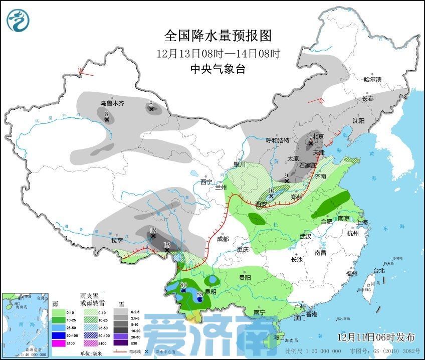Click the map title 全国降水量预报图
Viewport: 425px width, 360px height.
pos(218,36)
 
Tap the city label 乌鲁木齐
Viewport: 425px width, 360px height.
pos(112,103)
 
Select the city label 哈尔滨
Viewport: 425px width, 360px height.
pos(372,79)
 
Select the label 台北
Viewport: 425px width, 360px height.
pos(379,271)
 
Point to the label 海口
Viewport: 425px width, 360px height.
pos(279,336)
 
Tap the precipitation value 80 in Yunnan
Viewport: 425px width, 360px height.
pos(183,285)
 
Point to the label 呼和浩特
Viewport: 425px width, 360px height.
pos(277,140)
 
